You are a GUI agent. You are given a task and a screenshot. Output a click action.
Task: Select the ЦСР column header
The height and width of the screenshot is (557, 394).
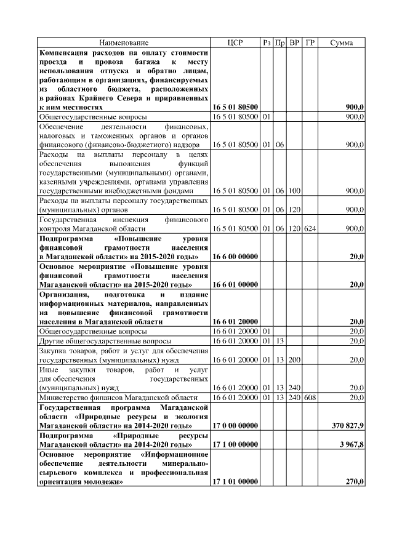point(235,42)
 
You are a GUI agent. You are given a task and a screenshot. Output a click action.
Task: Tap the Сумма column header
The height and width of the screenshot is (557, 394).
point(342,42)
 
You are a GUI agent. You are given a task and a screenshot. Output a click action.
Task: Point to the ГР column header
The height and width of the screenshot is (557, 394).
point(310,42)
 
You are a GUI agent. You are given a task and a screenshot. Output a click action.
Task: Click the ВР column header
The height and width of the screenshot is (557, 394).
point(295,42)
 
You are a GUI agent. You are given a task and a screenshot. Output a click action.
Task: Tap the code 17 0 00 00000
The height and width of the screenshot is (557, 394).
point(235,425)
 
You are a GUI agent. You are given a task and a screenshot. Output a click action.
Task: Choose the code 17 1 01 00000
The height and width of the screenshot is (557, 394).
point(235,482)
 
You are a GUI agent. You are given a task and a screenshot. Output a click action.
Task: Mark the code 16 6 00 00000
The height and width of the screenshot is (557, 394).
point(235,256)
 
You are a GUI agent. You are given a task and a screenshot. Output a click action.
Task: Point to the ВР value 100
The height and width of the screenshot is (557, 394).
point(295,191)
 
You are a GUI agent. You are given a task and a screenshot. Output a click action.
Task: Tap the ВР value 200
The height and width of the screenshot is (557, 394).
point(295,359)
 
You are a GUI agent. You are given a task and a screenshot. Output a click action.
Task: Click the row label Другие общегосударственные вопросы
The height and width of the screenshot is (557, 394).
point(105,340)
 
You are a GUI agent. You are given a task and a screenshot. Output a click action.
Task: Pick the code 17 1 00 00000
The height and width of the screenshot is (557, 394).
point(235,444)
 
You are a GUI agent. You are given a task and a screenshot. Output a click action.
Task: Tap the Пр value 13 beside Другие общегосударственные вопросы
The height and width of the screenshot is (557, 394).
point(279,340)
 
